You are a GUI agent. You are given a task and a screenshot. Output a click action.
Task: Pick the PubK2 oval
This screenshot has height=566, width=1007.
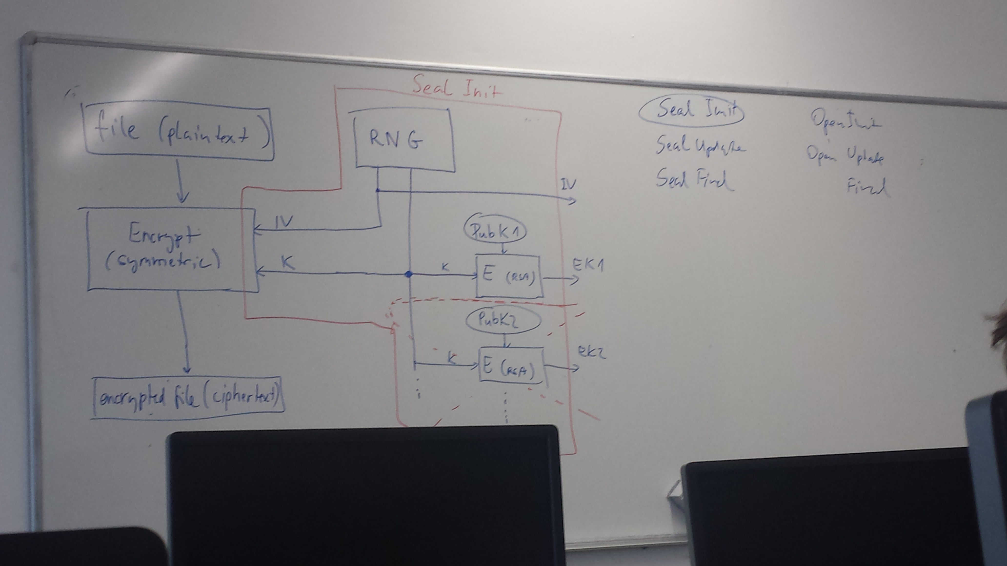coord(503,320)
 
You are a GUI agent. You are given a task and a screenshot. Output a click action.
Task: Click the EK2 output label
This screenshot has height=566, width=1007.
coord(592,353)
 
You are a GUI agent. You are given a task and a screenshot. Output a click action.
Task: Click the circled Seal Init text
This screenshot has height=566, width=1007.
coord(691,111)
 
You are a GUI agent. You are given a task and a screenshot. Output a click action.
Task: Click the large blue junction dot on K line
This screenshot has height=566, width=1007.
coord(409,274)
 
